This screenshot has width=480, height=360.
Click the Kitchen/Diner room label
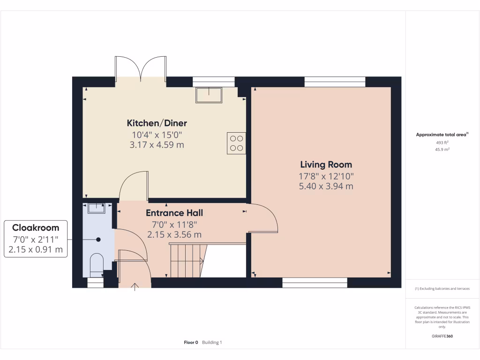click(157, 123)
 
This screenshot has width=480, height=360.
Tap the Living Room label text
click(326, 165)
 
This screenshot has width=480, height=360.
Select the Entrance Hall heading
click(174, 213)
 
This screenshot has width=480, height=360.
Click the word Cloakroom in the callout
click(36, 228)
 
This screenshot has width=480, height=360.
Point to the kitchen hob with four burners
click(237, 143)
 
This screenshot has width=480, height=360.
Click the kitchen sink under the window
click(209, 95)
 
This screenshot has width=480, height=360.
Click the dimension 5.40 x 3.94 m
click(326, 186)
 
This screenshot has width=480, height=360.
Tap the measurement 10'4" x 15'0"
click(157, 135)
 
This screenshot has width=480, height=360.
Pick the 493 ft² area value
click(442, 142)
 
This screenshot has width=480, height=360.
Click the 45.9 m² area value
click(442, 150)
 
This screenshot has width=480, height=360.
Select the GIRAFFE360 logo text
click(442, 336)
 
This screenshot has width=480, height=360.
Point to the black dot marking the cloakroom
click(98, 240)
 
